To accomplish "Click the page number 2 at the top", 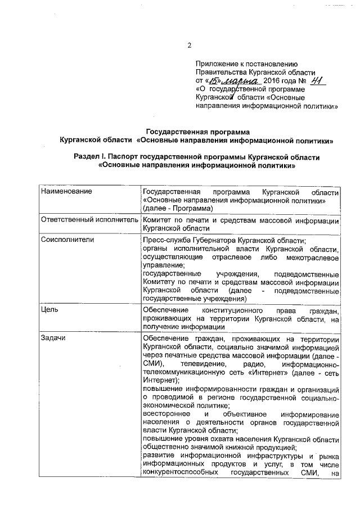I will point(190,46).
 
